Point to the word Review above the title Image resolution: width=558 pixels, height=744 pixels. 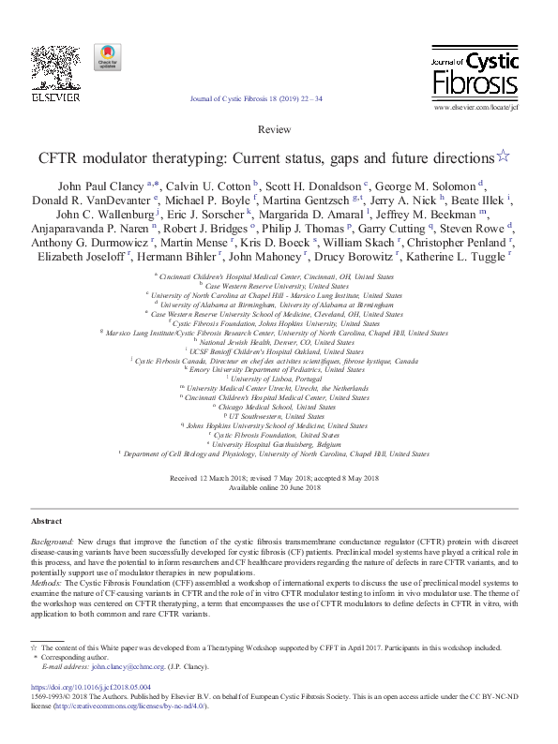point(279,128)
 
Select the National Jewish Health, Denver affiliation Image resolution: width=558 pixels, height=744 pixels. point(279,341)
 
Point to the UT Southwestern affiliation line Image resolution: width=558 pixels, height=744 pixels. point(279,415)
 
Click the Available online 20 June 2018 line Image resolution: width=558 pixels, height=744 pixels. point(279,487)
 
